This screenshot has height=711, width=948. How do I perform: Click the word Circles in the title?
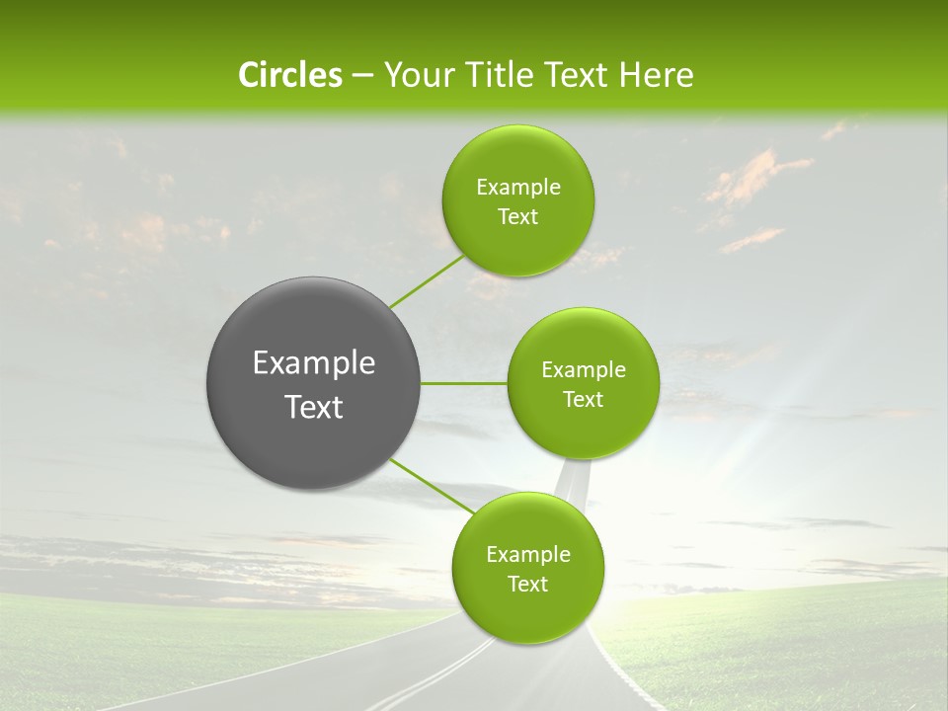click(289, 75)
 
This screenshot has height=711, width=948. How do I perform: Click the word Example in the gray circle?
click(314, 363)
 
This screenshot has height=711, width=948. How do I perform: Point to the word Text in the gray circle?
click(314, 407)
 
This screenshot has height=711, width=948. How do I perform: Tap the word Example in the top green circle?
click(518, 188)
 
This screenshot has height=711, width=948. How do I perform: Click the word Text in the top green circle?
click(517, 217)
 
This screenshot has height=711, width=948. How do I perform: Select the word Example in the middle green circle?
click(584, 370)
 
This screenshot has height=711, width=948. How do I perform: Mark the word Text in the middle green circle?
click(583, 400)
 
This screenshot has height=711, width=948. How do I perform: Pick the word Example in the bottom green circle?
click(528, 555)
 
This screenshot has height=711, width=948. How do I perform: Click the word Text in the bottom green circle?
click(527, 585)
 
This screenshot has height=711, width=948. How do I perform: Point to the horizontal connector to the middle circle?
click(463, 383)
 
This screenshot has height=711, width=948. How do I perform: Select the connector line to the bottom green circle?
click(432, 486)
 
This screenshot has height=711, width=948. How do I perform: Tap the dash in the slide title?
click(362, 76)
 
